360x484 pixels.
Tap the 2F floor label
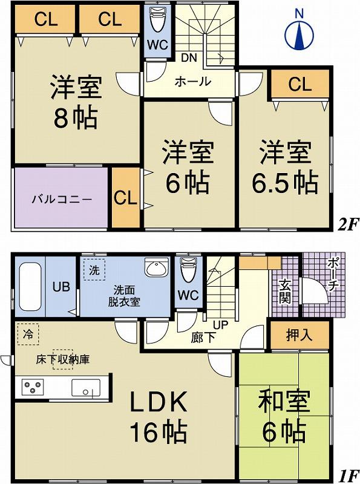(348, 225)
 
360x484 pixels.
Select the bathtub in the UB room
(30, 287)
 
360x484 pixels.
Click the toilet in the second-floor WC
(157, 22)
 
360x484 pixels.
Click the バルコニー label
(61, 198)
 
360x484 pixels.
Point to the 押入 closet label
(299, 335)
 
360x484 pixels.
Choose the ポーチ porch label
(332, 276)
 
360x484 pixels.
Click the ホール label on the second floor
(193, 82)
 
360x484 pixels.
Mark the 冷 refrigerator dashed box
(27, 335)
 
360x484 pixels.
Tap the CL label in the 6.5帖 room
(299, 84)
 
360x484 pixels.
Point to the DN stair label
(189, 59)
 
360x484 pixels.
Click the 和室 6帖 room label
(284, 416)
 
